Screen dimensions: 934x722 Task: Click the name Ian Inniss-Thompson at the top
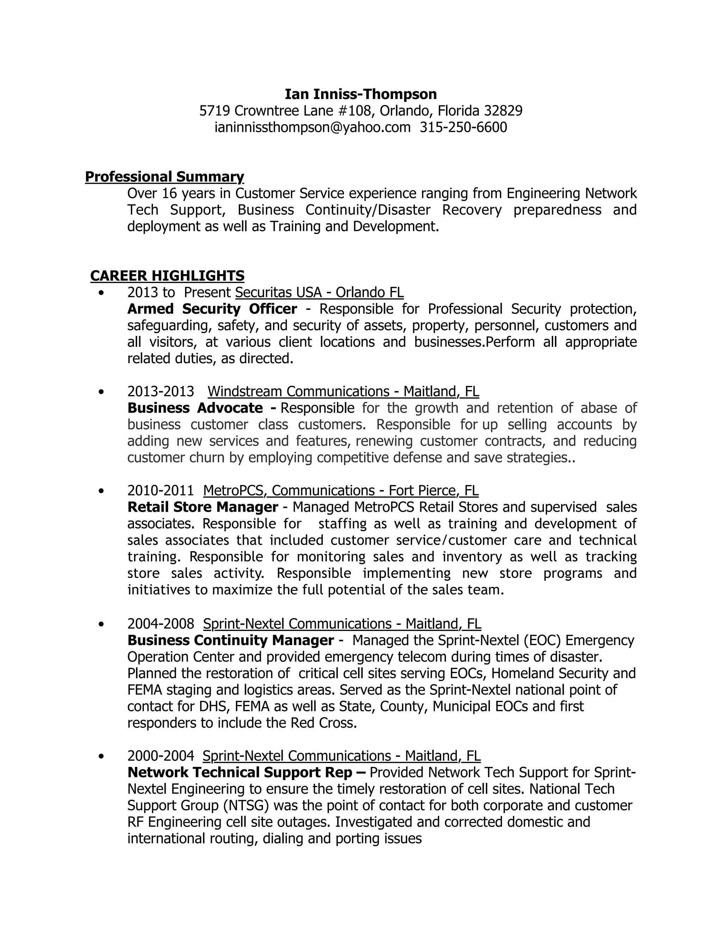pyautogui.click(x=361, y=94)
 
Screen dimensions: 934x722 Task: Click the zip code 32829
pyautogui.click(x=503, y=111)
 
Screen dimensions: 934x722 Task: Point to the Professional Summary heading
pyautogui.click(x=164, y=177)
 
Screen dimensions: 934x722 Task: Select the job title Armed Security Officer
pyautogui.click(x=212, y=309)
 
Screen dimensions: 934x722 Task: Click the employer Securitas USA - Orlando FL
pyautogui.click(x=319, y=293)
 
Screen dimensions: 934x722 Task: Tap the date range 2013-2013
pyautogui.click(x=160, y=391)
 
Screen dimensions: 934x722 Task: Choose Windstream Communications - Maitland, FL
pyautogui.click(x=343, y=391)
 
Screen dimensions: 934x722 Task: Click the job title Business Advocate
pyautogui.click(x=195, y=408)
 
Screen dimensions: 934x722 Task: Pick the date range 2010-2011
pyautogui.click(x=160, y=491)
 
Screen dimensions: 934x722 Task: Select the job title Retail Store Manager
pyautogui.click(x=203, y=507)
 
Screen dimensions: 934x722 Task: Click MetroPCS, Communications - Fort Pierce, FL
pyautogui.click(x=341, y=491)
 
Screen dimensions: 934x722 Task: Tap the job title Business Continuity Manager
pyautogui.click(x=231, y=640)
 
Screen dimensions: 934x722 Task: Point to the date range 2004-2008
pyautogui.click(x=160, y=624)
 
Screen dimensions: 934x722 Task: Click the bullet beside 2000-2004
pyautogui.click(x=101, y=756)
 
